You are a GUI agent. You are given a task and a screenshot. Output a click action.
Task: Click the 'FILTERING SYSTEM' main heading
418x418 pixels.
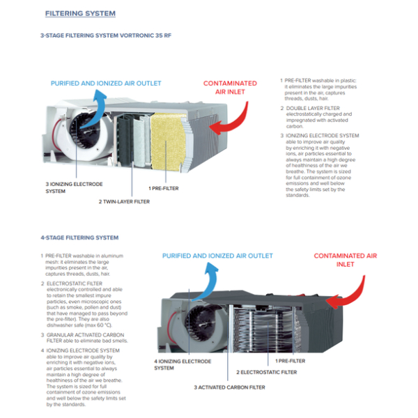[80, 13]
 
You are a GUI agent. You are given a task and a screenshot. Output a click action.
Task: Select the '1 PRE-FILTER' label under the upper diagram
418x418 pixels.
[164, 188]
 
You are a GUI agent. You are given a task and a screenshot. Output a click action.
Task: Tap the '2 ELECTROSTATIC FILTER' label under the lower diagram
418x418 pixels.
[266, 372]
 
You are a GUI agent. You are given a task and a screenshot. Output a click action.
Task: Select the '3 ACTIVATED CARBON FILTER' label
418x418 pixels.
[229, 387]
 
